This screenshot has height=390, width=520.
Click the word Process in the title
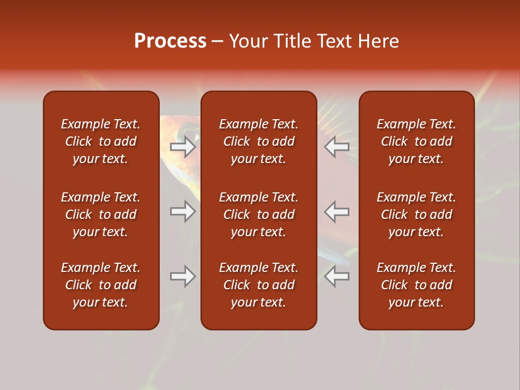point(170,41)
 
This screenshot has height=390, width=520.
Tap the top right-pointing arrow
point(183,147)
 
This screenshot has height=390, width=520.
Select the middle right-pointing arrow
point(183,211)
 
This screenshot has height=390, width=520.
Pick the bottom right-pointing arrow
point(183,276)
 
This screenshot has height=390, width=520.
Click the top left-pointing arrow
point(337,147)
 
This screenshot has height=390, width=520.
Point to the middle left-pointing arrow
point(337,211)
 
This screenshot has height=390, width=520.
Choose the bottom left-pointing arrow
point(337,276)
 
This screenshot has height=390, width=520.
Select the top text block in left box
point(101,141)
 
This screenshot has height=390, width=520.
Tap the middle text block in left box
point(101,214)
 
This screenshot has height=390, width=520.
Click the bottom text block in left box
point(101,285)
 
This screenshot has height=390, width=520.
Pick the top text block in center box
point(258,141)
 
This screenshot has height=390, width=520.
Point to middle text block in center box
point(258,214)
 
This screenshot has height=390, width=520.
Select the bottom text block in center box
point(258,285)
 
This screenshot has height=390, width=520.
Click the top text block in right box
point(416,141)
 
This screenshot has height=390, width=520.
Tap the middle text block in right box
point(416,214)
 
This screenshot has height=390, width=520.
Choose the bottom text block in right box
point(416,285)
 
